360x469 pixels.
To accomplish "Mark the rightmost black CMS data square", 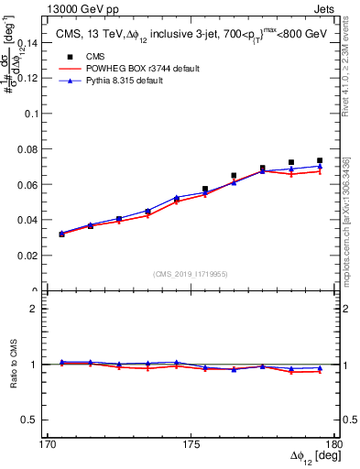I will (320, 160).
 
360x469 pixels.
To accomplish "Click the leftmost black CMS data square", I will (61, 234).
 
